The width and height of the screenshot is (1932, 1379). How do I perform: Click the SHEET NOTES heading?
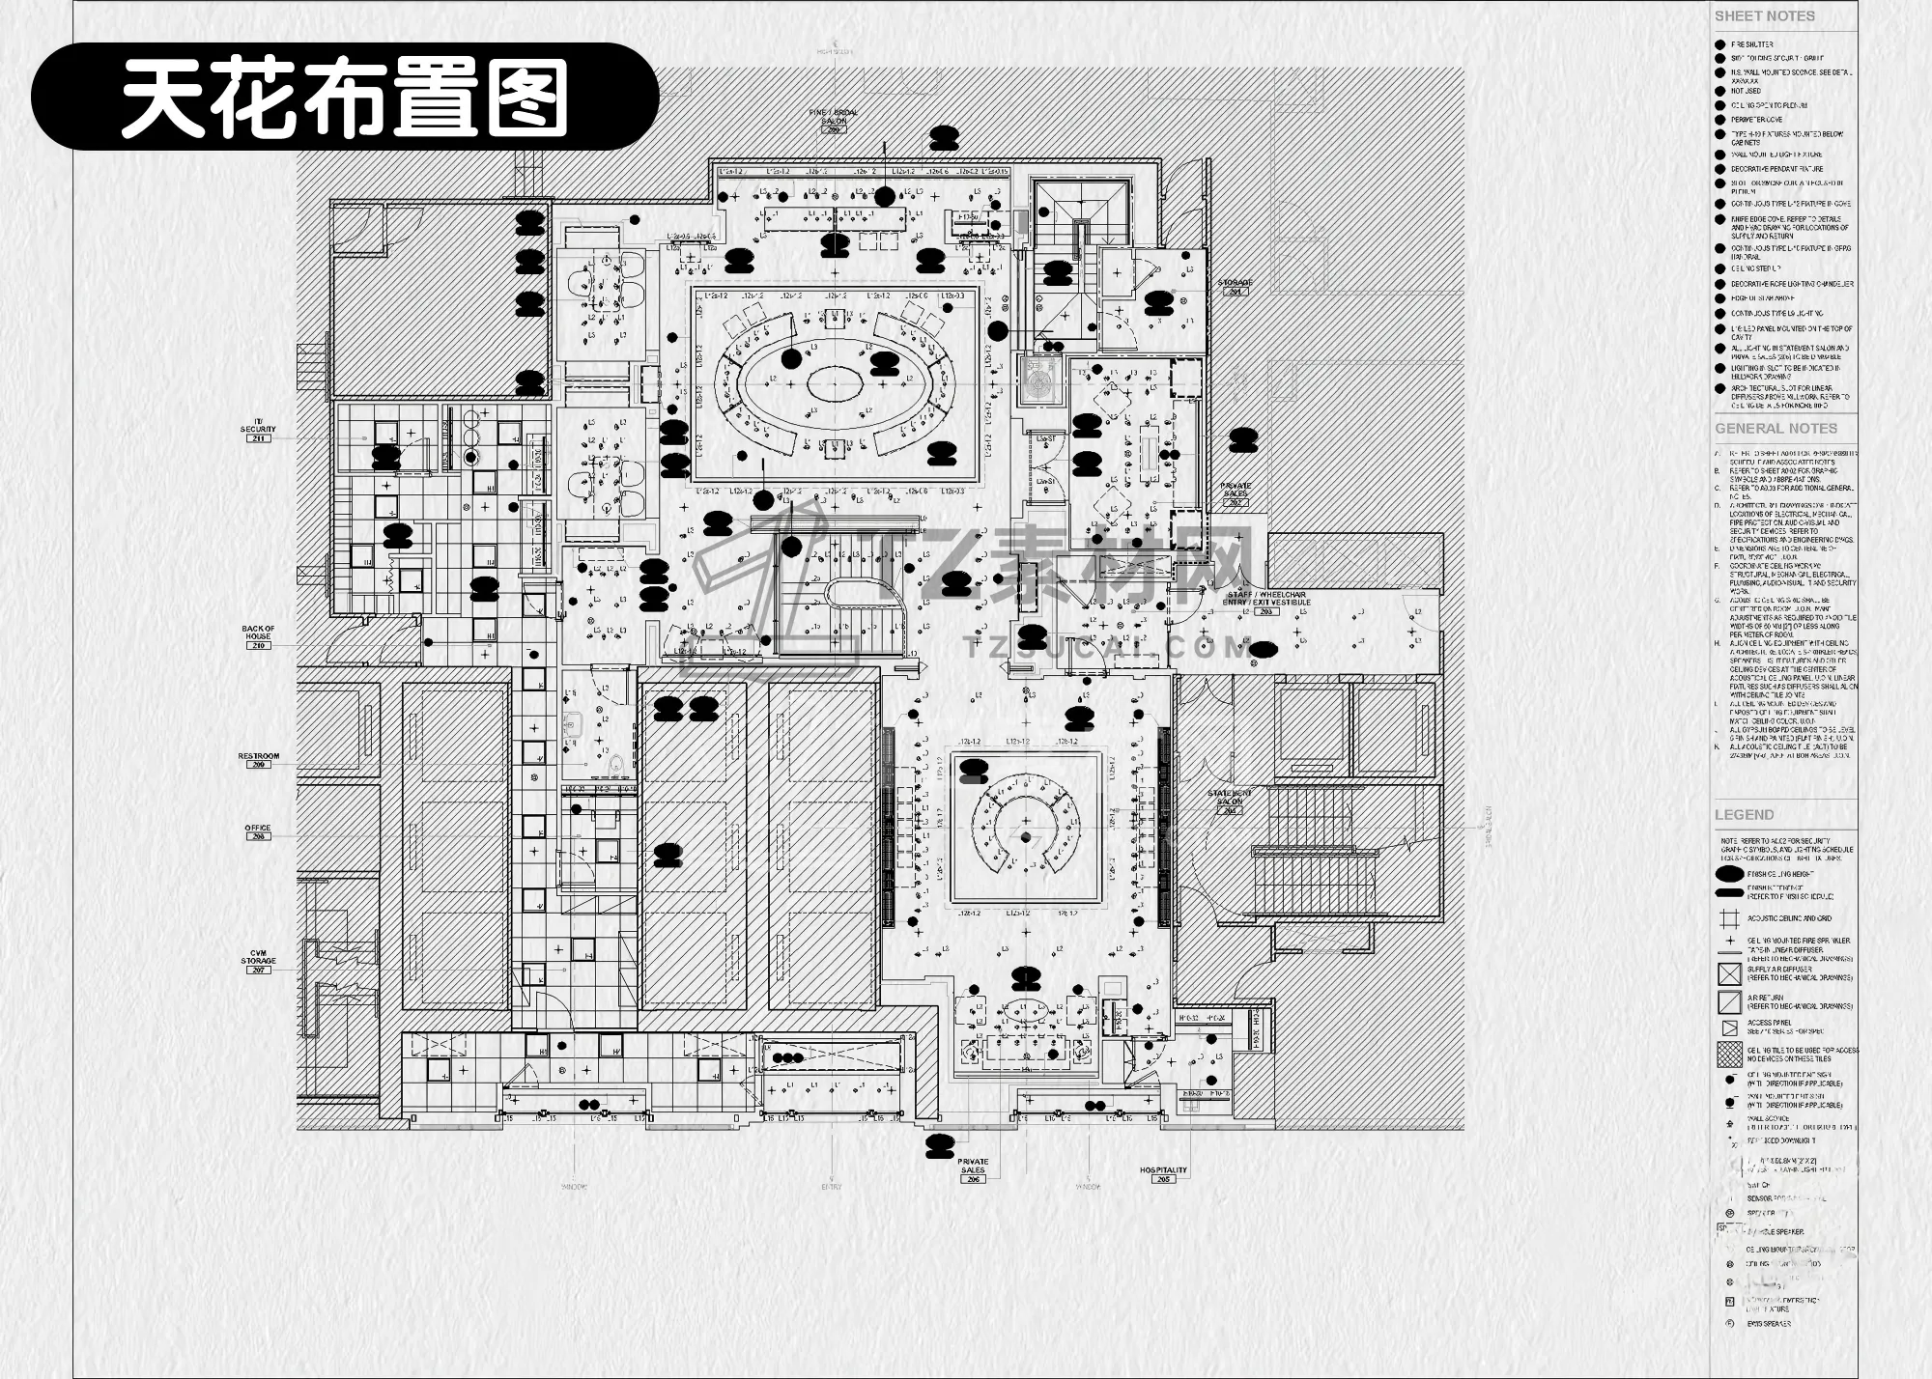click(1764, 16)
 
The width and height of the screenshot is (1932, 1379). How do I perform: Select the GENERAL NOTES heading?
click(1776, 429)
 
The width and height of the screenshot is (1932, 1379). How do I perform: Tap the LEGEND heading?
click(1744, 815)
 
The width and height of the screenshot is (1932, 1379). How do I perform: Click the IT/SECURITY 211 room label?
click(258, 433)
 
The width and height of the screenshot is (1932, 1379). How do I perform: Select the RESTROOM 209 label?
click(258, 759)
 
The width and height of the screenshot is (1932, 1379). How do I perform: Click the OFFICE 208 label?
click(258, 831)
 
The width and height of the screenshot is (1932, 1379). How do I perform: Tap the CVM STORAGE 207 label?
click(258, 962)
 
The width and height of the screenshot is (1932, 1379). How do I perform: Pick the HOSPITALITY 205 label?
click(1163, 1173)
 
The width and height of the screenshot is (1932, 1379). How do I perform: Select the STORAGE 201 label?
click(1235, 286)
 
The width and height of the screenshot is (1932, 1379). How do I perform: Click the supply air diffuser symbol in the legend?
click(1729, 973)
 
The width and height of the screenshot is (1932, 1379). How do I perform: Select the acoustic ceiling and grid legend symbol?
click(1729, 918)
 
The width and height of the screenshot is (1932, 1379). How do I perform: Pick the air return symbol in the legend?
click(1729, 1001)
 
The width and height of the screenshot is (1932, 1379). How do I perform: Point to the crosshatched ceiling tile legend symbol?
click(1729, 1054)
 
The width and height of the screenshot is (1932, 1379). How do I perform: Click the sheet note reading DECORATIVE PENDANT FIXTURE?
click(1776, 169)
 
